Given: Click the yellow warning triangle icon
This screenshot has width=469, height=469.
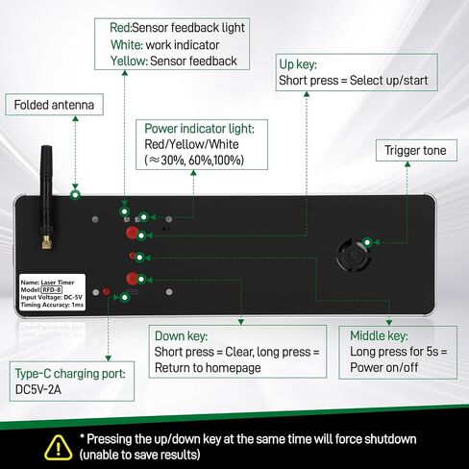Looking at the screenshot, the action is [x=58, y=447].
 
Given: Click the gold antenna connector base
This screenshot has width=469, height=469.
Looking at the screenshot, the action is [x=47, y=242].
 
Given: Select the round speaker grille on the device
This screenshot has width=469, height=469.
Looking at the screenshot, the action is [x=353, y=256].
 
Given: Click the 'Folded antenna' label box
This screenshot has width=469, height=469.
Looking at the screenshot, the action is [x=54, y=105].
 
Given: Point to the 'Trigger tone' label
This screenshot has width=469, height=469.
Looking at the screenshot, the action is [x=416, y=150].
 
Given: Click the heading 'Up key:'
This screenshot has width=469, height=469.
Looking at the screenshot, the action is [x=298, y=64].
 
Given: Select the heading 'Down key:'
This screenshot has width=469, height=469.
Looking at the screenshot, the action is [x=181, y=336].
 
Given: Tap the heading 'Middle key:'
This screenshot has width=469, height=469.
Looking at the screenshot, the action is [x=379, y=335].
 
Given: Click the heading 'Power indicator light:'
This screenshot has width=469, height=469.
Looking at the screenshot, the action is [x=199, y=129].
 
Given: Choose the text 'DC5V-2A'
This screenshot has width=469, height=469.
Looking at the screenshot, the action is [x=37, y=389].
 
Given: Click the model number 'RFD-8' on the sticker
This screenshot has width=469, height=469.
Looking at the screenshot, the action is [x=52, y=290].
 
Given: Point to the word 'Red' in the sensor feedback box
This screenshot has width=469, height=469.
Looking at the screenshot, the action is [x=119, y=28].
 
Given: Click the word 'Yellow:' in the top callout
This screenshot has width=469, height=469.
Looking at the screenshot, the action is [x=129, y=61].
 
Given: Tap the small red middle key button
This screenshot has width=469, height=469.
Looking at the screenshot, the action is [x=132, y=256].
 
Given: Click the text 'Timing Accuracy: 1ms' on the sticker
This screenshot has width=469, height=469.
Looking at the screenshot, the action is [x=52, y=305].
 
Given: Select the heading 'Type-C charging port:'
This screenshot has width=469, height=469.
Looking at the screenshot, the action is [x=70, y=374].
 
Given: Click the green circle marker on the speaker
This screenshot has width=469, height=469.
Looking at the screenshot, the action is [x=367, y=242].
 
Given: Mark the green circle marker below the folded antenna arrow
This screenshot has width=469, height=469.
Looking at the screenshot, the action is [x=75, y=194].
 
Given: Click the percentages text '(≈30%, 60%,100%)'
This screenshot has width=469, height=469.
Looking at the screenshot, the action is [x=194, y=160].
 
